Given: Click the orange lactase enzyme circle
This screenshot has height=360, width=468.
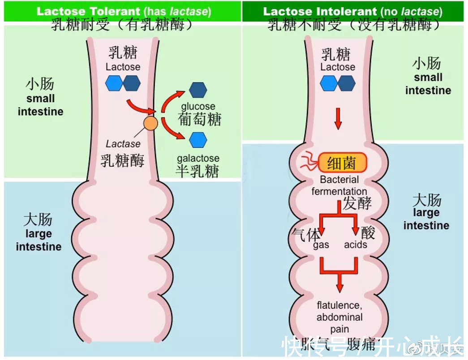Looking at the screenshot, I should tap(150, 123).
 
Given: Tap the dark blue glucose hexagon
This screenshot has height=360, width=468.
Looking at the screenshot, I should tap(198, 90).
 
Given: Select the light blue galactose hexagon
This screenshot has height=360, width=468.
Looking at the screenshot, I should tap(198, 140).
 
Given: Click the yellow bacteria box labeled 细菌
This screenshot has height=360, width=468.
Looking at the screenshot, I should tap(343, 163).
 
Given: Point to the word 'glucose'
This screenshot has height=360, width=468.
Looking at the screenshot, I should tap(198, 107).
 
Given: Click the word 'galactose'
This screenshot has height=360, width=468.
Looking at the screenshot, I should tap(198, 158).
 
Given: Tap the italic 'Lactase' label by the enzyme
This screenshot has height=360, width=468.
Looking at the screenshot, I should tap(123, 144).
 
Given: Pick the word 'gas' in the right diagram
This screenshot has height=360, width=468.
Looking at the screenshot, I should tap(321, 245).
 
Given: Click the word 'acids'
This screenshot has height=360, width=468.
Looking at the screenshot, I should tap(356, 245).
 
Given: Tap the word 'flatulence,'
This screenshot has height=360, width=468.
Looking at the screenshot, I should tap(339, 305).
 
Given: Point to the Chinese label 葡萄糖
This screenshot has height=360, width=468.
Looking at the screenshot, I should tap(200, 119).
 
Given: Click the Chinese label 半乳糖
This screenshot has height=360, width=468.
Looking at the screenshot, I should tap(198, 171).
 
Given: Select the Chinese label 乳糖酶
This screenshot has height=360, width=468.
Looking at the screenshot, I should tap(122, 160).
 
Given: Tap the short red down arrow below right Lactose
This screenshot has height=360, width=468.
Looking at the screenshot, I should tap(338, 119).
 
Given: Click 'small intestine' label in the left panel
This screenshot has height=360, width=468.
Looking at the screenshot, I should tap(40, 105).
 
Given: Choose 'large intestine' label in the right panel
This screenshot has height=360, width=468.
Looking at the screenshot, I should tap(426, 219).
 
